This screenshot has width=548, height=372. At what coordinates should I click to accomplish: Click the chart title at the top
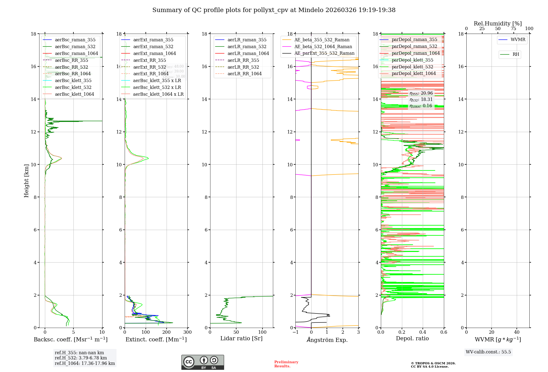click(274, 10)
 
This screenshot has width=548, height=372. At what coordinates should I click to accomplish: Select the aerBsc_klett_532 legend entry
click(73, 88)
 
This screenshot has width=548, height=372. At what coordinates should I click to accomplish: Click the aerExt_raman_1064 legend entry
click(155, 54)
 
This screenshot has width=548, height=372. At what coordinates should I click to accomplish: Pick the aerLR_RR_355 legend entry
click(243, 60)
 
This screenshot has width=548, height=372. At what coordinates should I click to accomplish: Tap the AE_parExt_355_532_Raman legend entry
click(324, 53)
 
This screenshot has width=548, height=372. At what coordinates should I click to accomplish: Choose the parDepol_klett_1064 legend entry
click(413, 74)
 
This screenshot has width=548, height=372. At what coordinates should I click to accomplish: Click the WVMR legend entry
click(518, 40)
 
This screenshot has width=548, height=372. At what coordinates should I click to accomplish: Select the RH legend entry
click(516, 54)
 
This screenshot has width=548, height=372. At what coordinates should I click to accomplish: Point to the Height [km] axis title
click(26, 181)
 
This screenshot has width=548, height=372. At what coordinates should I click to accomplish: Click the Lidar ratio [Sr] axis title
click(241, 339)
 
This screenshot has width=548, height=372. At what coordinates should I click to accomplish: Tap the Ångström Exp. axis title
click(327, 340)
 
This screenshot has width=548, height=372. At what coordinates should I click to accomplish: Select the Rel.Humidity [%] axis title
click(498, 24)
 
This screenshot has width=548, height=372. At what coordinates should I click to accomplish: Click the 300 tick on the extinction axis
click(188, 332)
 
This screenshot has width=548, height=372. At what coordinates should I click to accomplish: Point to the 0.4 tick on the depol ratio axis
click(423, 332)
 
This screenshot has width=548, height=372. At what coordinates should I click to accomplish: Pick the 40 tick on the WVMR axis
click(517, 332)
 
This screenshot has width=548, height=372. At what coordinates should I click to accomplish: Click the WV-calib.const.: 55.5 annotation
click(488, 352)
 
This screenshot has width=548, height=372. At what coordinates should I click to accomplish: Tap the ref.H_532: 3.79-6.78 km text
click(81, 358)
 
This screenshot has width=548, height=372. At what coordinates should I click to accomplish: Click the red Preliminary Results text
click(286, 364)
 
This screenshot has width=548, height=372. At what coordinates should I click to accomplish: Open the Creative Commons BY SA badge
click(202, 362)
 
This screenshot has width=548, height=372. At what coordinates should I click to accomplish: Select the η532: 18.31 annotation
click(421, 100)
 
